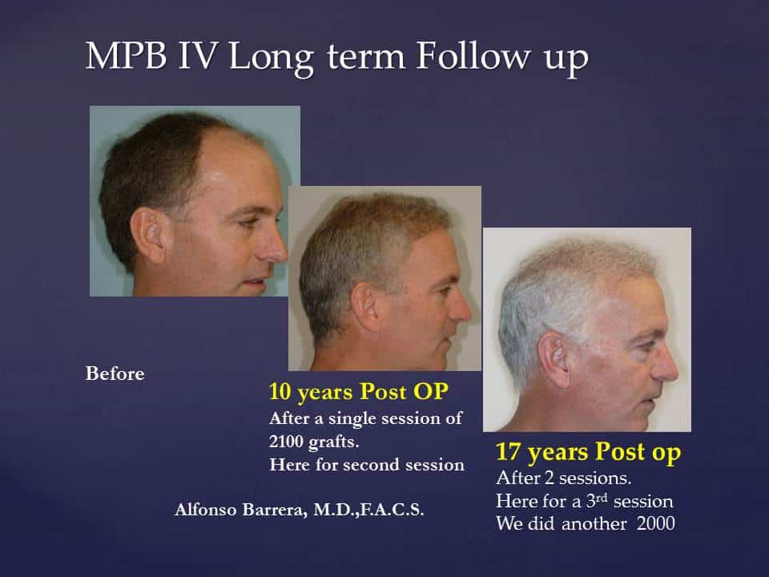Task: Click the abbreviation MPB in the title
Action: (x=126, y=55)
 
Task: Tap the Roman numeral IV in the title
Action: (x=197, y=55)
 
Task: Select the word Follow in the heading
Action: (x=473, y=55)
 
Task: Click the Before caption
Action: (x=115, y=374)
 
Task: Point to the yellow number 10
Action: (x=280, y=392)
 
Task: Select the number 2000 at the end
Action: (x=656, y=523)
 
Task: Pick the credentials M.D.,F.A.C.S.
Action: (x=368, y=510)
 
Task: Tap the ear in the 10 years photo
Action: (x=365, y=307)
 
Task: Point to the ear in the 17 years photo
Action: (x=554, y=359)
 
